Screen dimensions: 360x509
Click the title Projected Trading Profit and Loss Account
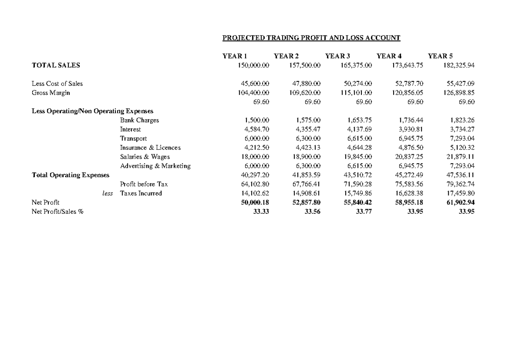pyautogui.click(x=311, y=38)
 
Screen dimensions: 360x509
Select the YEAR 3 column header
pyautogui.click(x=337, y=56)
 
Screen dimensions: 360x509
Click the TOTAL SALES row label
pyautogui.click(x=56, y=65)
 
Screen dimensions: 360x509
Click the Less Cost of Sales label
pyautogui.click(x=57, y=84)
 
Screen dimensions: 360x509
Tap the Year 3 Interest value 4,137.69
pyautogui.click(x=359, y=129)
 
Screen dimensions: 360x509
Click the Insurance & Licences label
pyautogui.click(x=150, y=148)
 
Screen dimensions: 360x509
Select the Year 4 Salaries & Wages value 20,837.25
pyautogui.click(x=409, y=157)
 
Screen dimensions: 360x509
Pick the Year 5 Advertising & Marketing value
pyautogui.click(x=462, y=166)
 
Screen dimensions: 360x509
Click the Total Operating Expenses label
pyautogui.click(x=70, y=175)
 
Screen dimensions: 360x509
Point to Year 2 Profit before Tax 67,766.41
pyautogui.click(x=305, y=184)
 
